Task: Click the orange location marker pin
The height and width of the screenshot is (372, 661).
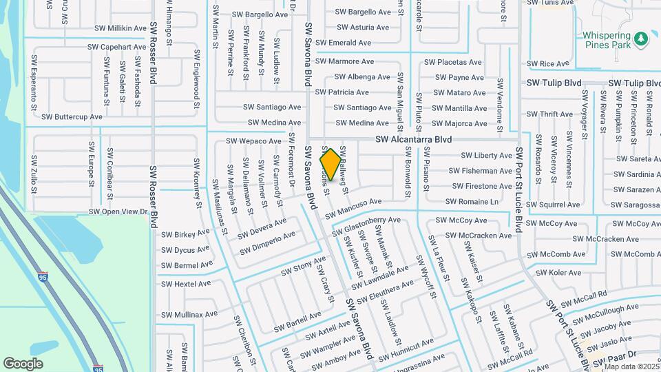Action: tap(330, 165)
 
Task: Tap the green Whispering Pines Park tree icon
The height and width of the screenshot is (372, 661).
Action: tap(642, 39)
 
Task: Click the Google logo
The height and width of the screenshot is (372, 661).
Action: tap(23, 363)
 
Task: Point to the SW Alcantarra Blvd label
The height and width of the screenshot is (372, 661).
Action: tap(414, 140)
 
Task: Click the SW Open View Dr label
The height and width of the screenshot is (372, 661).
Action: tap(118, 212)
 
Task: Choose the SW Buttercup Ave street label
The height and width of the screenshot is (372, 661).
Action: tap(72, 117)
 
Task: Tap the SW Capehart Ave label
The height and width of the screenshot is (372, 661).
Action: tap(117, 47)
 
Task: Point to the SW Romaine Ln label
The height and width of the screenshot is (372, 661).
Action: tap(472, 202)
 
